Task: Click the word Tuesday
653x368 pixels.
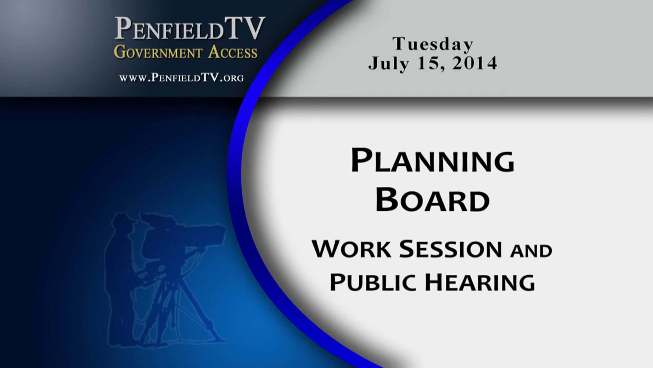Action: [433, 44]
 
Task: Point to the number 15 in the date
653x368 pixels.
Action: [429, 64]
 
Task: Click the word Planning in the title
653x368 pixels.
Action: [433, 161]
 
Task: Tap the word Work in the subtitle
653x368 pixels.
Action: [352, 249]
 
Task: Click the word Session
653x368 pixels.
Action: [450, 249]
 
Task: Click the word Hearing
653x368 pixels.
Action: [480, 283]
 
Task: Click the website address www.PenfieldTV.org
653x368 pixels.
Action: [181, 78]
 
